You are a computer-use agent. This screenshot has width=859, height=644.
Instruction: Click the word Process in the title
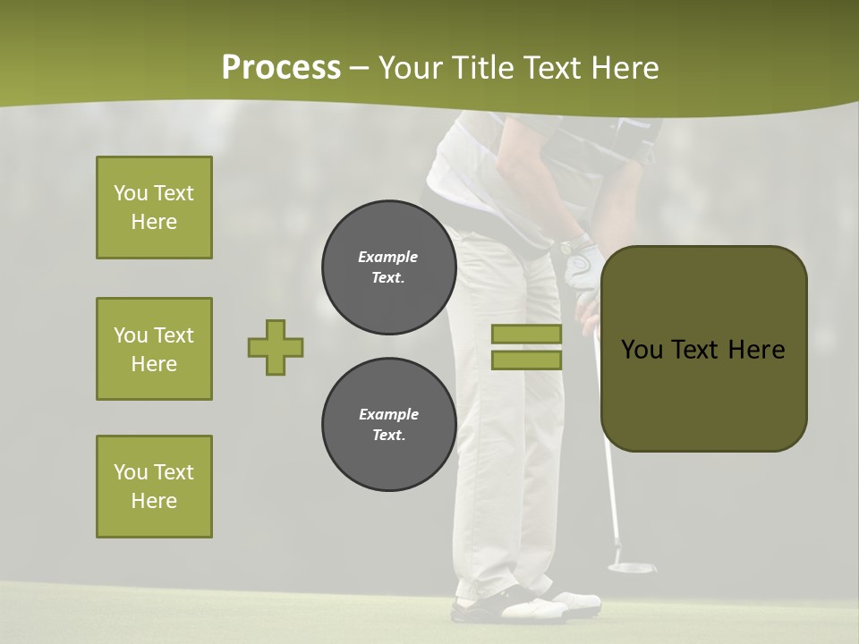point(281,68)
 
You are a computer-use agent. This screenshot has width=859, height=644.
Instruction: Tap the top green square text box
point(154,208)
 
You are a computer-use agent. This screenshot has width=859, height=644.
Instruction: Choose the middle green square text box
point(154,349)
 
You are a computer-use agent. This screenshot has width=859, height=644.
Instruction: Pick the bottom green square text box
point(154,487)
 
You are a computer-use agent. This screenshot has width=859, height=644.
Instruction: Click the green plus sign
point(276,348)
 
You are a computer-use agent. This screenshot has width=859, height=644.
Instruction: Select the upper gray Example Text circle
point(389,267)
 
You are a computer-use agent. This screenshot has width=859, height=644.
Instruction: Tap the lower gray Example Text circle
point(389,425)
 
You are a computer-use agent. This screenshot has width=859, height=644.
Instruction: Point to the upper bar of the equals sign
point(527,335)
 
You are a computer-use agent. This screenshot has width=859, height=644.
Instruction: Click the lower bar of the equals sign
point(527,360)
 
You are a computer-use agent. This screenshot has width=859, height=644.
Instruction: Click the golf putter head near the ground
point(632,566)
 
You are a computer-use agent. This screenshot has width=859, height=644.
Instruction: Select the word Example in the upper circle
point(388,257)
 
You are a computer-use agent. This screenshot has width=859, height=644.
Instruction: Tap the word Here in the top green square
point(154,222)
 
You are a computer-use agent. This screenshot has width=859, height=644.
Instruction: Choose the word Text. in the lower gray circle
point(388,436)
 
